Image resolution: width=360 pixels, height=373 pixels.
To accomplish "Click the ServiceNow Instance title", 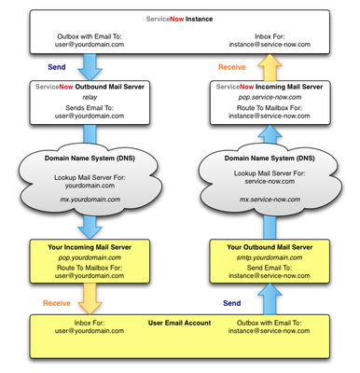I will point(179,19).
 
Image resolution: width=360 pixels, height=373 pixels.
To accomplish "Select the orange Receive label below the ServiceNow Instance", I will point(233,67).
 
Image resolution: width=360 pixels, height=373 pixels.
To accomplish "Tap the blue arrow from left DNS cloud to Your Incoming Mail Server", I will point(90,226).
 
